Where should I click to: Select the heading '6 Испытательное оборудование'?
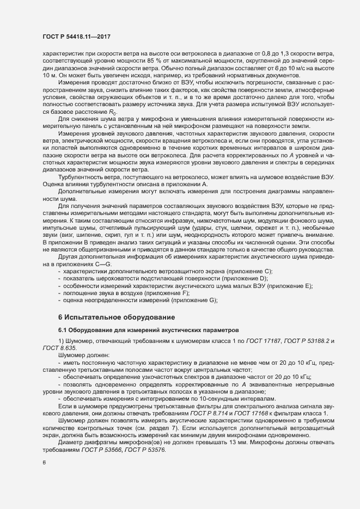tap(117, 316)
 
